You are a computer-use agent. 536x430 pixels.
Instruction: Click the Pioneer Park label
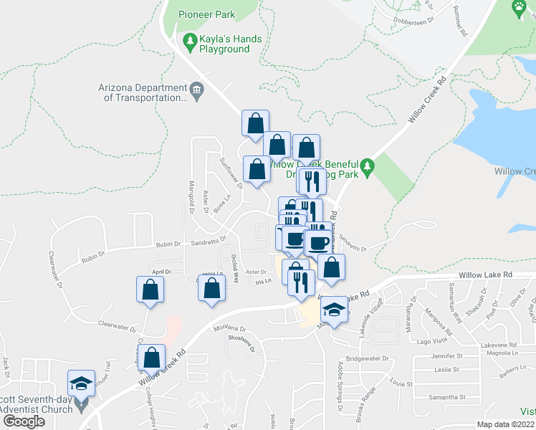[207, 14]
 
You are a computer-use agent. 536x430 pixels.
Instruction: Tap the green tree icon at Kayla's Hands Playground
[190, 43]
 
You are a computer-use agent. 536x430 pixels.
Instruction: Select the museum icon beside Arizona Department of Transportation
[197, 90]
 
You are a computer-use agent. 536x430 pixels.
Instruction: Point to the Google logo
[23, 421]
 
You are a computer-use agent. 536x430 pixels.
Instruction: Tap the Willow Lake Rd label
[487, 274]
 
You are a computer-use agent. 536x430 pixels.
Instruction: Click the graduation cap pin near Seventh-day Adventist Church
[82, 383]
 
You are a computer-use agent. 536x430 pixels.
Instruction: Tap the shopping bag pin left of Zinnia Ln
[211, 289]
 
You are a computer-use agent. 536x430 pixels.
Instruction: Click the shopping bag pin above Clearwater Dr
[150, 290]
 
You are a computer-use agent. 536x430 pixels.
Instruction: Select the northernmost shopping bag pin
[255, 123]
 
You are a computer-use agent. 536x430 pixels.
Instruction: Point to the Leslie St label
[445, 370]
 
